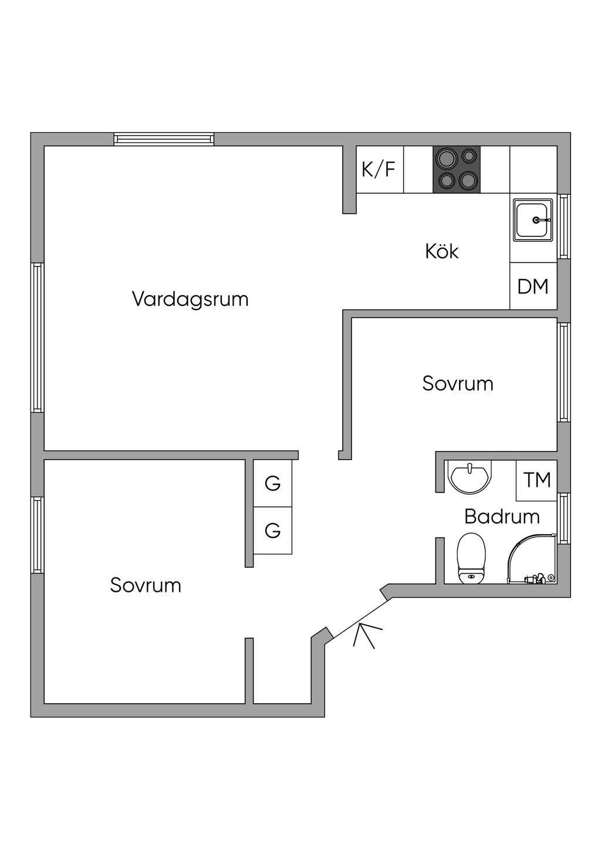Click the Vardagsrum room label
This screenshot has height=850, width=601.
point(190,299)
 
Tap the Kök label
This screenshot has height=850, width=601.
point(441,251)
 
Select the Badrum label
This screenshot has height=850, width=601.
point(502,517)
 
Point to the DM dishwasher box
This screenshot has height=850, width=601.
point(533,286)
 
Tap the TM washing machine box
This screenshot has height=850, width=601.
point(536,480)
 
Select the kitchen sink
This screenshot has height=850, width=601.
point(533,220)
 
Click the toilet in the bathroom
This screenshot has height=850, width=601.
point(471,558)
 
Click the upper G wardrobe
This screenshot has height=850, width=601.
point(272,483)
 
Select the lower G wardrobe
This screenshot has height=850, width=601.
point(272,531)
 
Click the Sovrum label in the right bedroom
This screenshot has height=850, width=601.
point(458,383)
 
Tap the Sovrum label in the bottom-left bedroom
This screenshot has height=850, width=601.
point(146,585)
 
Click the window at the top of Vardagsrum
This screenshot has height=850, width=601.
point(164,139)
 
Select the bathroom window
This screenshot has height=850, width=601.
point(564,518)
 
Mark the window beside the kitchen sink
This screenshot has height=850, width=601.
point(564,227)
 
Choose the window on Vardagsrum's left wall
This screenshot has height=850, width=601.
point(37,337)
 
